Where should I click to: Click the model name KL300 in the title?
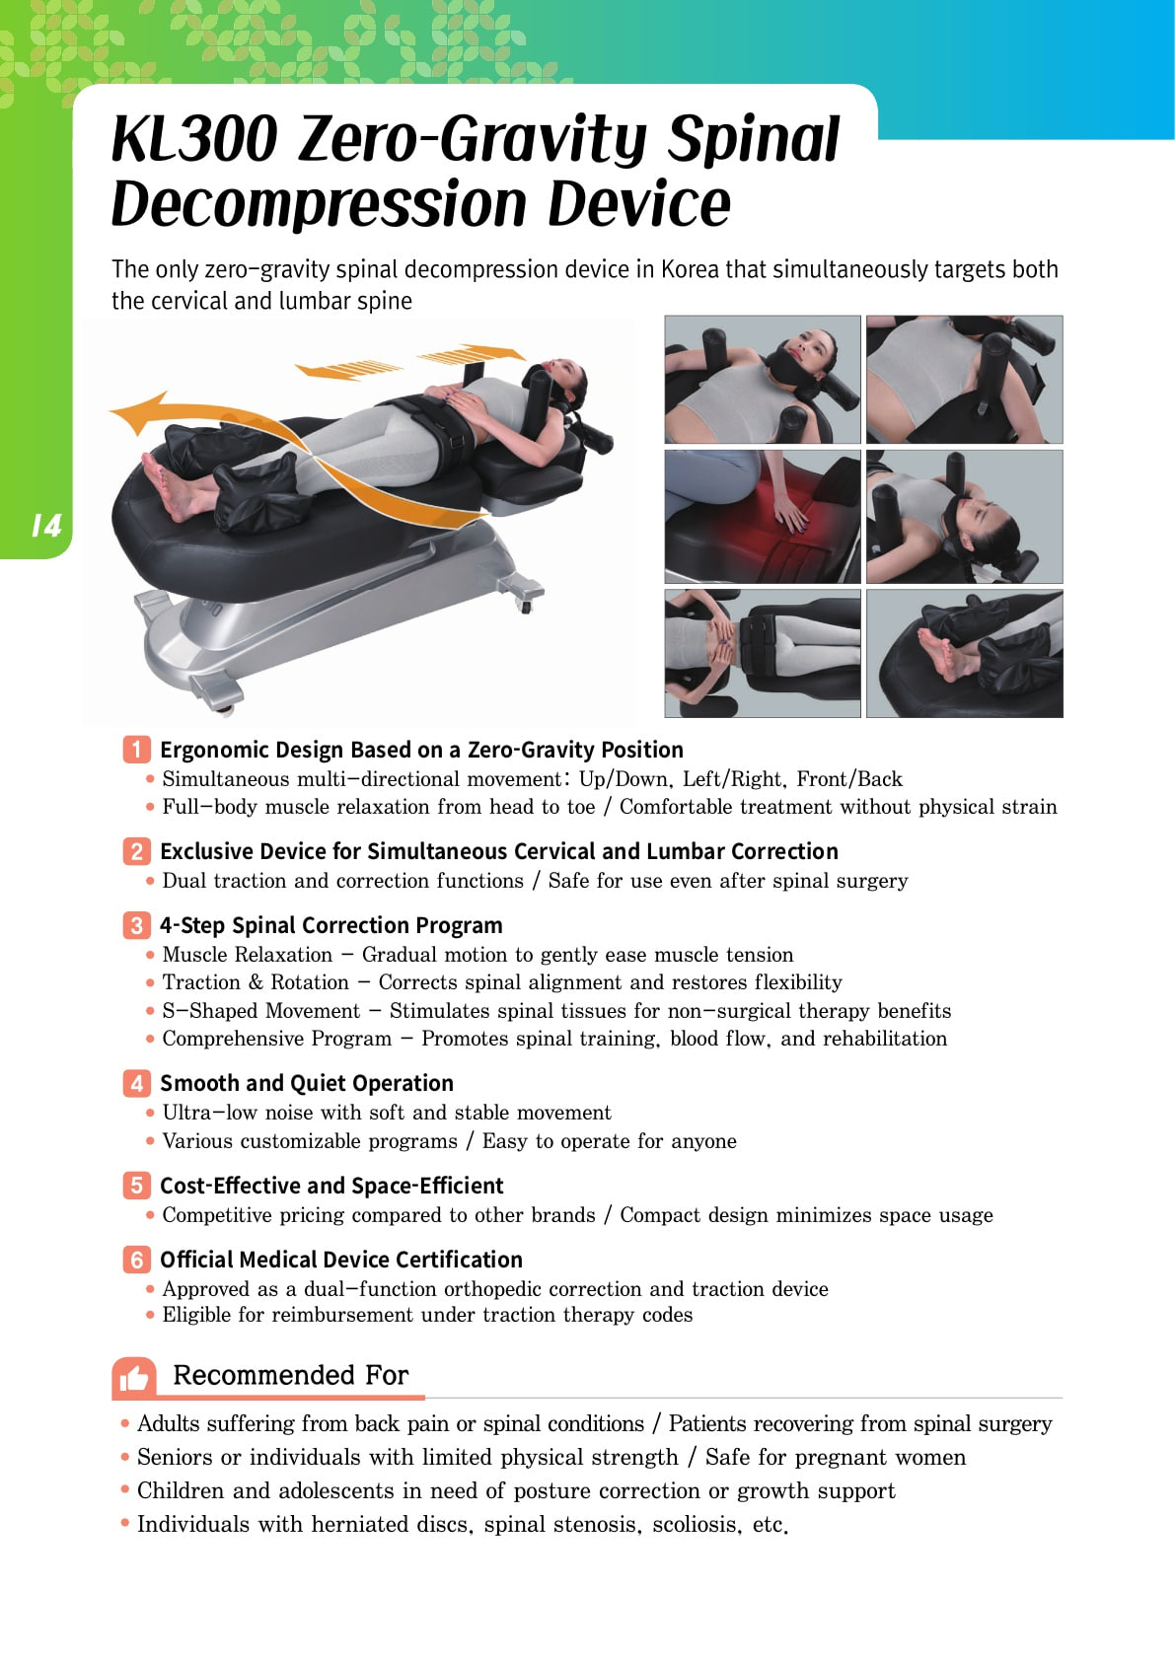coord(194,139)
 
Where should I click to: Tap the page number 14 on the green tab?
coord(46,525)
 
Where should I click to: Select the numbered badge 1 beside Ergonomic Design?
coord(136,749)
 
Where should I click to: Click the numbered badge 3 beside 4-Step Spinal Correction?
coord(136,924)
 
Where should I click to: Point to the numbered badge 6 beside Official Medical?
coord(136,1260)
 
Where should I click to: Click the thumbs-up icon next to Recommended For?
coord(134,1377)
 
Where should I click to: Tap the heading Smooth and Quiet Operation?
coord(307,1083)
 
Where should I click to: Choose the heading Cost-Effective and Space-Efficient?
coord(331,1186)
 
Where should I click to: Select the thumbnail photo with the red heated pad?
coord(763,516)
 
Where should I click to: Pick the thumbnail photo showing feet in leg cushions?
coord(964,653)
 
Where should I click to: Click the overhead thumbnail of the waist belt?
coord(763,653)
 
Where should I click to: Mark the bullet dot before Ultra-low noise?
coord(150,1113)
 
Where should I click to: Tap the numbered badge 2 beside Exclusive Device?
coord(136,850)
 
